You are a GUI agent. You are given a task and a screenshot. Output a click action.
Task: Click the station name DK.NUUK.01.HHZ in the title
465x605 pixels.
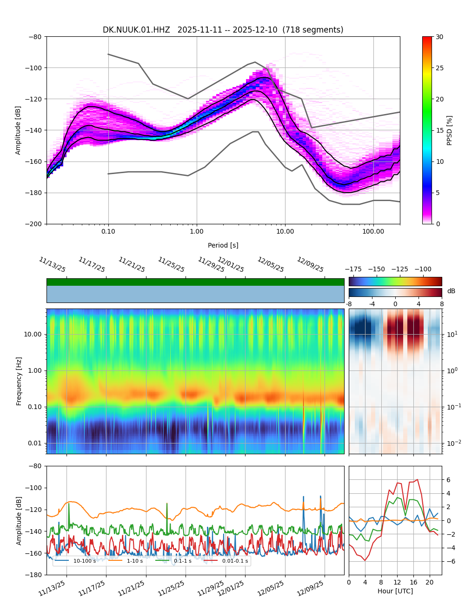pos(136,30)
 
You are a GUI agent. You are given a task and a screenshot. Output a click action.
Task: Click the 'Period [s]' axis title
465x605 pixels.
pos(223,245)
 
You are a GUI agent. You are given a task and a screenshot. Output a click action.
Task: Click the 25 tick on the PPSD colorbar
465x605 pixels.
pos(439,68)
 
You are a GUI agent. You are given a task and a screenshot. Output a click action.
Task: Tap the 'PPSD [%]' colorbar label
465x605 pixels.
pos(450,130)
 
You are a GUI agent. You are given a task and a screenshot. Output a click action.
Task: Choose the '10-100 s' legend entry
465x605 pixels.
pos(84,561)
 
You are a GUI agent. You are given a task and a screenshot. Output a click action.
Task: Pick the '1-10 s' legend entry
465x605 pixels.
pos(135,561)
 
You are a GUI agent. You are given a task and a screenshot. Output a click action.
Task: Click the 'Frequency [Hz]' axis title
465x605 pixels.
pos(19,381)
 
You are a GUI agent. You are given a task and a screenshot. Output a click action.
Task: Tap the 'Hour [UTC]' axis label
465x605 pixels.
pos(395,592)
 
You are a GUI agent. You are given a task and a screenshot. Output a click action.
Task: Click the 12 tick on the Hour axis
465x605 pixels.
pos(397,582)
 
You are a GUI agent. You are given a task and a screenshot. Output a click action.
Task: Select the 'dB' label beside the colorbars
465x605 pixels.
pos(451,291)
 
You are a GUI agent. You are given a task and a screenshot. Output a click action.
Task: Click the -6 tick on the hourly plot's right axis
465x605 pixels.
pos(449,561)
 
